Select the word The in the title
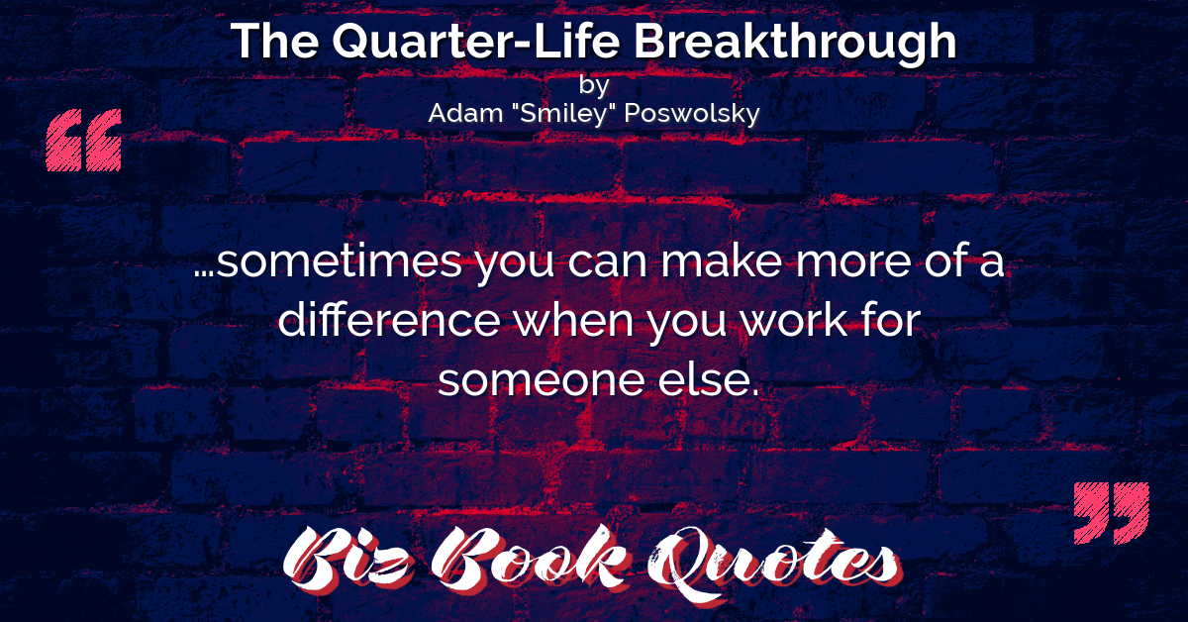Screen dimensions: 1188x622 coord(275,41)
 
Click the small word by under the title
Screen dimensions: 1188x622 coord(593,85)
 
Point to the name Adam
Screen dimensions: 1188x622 coord(465,113)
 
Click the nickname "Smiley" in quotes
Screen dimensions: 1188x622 coord(563,114)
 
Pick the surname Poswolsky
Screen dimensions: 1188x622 coord(692,114)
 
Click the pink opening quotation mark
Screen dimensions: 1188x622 coord(84,140)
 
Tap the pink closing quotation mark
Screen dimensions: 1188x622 coord(1112,513)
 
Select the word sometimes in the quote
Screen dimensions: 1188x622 coord(340,261)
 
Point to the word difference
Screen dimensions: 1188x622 coord(389,320)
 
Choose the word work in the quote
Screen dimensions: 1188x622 coord(788,320)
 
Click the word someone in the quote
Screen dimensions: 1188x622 coord(542,380)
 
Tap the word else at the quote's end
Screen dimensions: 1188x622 coord(704,379)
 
